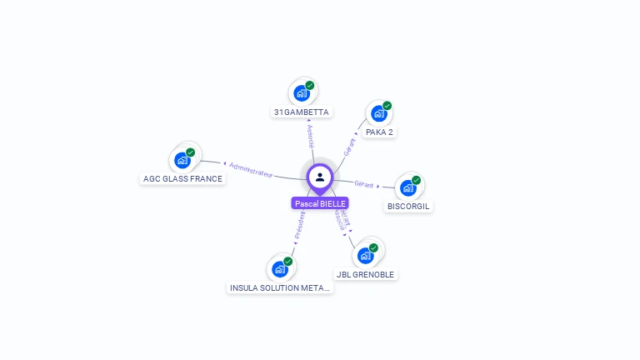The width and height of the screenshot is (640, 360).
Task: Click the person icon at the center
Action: [320, 177]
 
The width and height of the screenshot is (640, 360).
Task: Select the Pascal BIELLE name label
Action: [320, 203]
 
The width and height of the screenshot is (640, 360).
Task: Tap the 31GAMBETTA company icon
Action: [302, 93]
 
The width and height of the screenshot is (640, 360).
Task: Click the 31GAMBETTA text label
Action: [302, 112]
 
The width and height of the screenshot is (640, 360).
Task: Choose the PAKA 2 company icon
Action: [379, 113]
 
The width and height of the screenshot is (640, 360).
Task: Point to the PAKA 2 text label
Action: [379, 132]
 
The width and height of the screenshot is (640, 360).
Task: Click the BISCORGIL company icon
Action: [408, 187]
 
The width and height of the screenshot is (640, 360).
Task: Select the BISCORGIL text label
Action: [409, 206]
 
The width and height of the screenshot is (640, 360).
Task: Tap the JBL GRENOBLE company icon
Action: [365, 255]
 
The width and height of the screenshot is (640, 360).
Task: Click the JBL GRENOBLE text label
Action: [366, 274]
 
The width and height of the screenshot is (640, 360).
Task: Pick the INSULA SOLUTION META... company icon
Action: [280, 268]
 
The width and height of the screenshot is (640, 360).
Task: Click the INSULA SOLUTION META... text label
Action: [280, 287]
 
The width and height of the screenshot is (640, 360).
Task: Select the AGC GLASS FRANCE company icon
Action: [182, 160]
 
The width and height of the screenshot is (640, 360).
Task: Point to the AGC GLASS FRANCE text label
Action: [182, 178]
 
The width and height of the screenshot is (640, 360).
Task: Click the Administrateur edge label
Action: [250, 169]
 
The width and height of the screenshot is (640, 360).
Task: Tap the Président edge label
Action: [299, 226]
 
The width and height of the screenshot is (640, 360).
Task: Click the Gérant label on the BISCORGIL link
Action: [364, 183]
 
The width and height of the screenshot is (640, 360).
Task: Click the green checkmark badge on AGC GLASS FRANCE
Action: [190, 152]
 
